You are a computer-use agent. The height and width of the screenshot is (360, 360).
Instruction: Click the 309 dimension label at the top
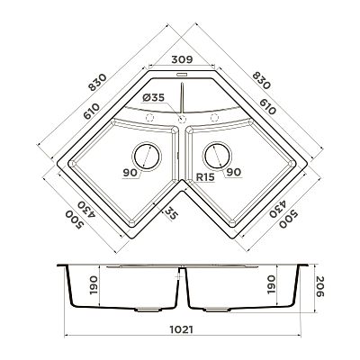[182, 59]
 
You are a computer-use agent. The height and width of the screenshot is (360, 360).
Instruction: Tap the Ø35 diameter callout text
[153, 97]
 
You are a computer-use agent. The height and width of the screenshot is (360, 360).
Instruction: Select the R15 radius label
[205, 177]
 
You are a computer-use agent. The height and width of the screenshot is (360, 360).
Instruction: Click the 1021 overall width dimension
[182, 329]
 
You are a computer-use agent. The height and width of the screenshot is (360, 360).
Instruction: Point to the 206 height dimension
[319, 286]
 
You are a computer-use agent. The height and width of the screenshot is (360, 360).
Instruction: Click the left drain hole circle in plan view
[147, 157]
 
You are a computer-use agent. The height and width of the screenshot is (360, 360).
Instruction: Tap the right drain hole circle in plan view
[218, 157]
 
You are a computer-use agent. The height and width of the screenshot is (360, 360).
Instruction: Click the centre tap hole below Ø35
[182, 120]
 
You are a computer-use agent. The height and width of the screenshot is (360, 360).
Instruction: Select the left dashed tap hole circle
[149, 118]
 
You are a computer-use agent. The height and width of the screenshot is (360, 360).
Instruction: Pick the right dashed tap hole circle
[214, 118]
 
